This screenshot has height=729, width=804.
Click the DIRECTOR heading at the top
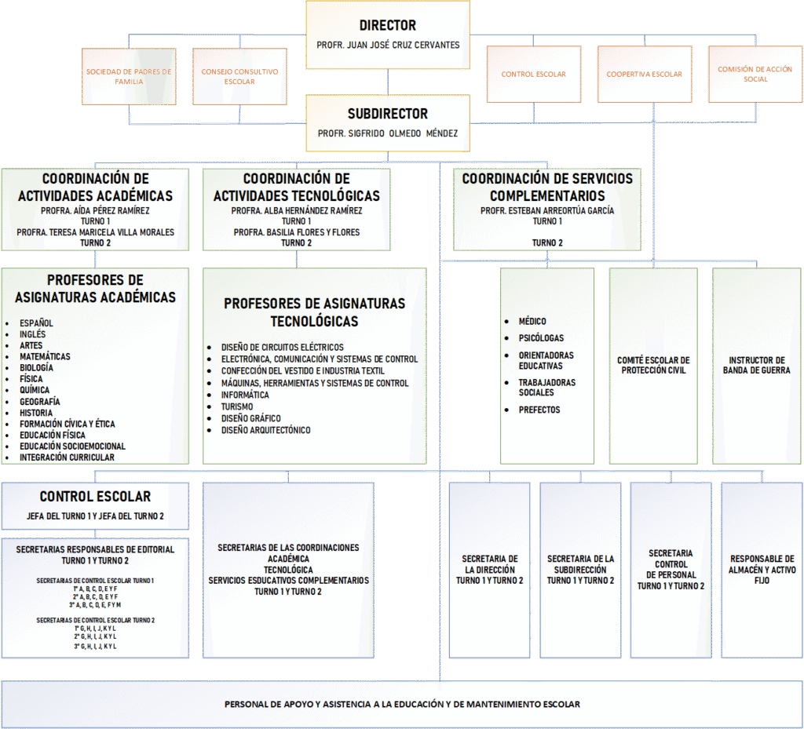tap(388, 26)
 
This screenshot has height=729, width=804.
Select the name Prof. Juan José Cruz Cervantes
tap(388, 45)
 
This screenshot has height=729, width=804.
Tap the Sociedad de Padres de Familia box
tap(129, 76)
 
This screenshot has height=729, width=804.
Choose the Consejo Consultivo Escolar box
tap(239, 76)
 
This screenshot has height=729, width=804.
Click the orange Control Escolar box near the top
tap(533, 75)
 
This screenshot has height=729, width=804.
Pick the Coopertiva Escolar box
tap(644, 75)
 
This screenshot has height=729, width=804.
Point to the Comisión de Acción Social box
tap(755, 75)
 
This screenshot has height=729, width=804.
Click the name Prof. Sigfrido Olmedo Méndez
tap(388, 133)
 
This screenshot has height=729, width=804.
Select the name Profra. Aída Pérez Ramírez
tap(95, 211)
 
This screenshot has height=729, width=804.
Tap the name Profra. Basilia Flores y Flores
tap(296, 232)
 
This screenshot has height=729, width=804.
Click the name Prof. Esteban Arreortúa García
tap(547, 211)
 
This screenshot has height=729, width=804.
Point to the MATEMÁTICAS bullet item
tap(45, 356)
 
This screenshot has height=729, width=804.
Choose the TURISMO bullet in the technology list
tap(237, 406)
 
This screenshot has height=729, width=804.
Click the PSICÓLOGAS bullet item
tap(541, 338)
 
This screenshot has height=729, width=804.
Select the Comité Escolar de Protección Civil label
tap(653, 366)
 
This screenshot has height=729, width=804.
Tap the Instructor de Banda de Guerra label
tap(756, 366)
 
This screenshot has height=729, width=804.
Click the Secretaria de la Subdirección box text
tap(580, 570)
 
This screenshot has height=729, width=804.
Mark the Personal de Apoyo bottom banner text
tap(402, 704)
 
